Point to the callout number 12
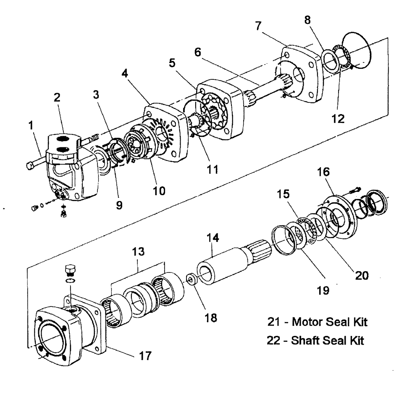(338, 118)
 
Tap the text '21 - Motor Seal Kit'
(318, 322)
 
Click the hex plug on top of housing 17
(70, 269)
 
